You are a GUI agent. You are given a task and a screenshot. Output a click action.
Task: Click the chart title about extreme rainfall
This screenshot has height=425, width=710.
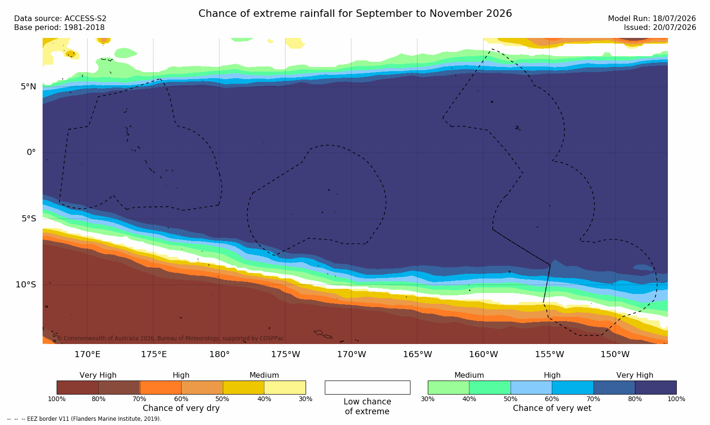(355, 14)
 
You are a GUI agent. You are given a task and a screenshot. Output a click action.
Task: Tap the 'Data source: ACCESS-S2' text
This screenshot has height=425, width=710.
(60, 19)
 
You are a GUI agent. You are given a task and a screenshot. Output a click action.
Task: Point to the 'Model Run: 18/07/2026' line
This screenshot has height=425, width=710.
(651, 19)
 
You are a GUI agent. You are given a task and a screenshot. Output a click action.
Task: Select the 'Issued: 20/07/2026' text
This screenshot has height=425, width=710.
(660, 28)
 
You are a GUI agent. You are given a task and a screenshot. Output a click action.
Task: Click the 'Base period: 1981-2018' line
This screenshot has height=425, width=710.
(59, 28)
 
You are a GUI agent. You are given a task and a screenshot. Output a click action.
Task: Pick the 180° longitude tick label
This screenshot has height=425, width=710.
(220, 354)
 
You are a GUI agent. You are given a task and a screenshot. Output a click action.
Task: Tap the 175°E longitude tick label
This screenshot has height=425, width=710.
(154, 354)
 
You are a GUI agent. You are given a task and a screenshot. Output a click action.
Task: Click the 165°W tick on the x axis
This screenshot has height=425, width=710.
(417, 354)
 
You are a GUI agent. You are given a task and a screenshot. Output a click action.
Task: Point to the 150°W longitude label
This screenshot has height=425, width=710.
(615, 354)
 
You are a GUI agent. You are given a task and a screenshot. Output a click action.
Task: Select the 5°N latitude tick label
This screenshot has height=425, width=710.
(29, 87)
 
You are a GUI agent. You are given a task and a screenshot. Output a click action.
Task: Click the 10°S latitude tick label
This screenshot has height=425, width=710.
(26, 285)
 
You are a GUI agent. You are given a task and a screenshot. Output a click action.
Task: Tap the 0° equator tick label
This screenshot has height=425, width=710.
(31, 153)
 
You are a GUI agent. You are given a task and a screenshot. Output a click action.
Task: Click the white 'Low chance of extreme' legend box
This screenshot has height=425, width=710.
(367, 387)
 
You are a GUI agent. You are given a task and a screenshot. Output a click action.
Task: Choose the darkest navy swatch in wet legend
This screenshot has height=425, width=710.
(656, 387)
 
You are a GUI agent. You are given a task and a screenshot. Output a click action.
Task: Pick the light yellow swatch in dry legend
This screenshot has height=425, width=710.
(285, 387)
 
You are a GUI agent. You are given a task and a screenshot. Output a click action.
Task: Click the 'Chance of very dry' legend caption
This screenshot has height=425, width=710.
(181, 408)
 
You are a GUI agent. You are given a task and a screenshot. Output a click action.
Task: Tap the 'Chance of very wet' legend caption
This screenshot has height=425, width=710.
(552, 408)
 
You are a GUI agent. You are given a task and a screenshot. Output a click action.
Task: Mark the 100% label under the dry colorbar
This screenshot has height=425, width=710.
(57, 399)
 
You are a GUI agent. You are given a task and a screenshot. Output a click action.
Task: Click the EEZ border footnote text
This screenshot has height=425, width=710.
(84, 418)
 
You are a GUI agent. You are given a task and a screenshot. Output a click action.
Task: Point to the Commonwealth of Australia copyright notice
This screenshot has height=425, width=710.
(170, 338)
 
